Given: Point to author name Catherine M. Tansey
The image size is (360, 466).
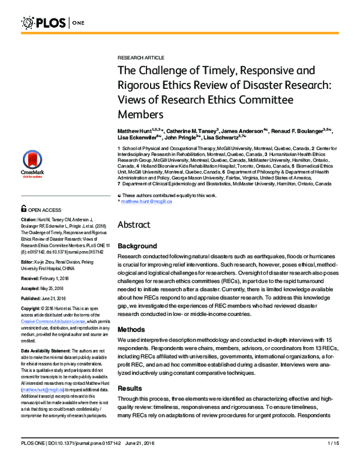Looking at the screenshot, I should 191,130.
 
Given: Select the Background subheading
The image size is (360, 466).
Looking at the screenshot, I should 137,246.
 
